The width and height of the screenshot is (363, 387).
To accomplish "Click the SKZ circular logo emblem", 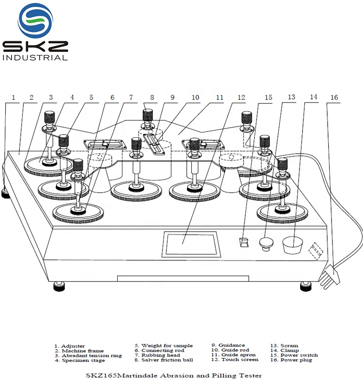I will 35,20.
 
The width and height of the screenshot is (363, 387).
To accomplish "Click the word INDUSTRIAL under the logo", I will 35,58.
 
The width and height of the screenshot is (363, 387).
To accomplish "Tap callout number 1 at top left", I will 13,97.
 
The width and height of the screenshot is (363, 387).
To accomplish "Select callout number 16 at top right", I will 333,97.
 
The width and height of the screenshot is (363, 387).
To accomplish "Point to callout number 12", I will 242,97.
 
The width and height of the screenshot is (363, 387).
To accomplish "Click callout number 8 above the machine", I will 151,97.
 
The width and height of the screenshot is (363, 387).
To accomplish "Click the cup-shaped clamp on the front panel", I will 293,244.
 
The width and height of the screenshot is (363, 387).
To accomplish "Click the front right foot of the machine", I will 306,285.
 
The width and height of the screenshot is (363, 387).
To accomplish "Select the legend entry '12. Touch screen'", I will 235,359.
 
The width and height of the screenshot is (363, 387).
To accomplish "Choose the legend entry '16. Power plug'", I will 291,359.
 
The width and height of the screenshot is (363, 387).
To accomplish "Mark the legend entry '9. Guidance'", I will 228,345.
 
